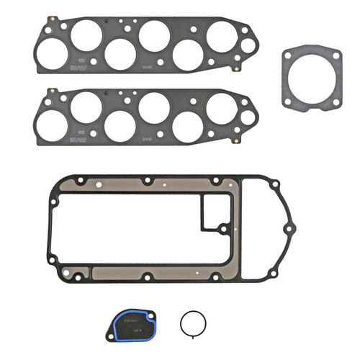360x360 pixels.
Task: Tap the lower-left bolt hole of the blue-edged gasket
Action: (116, 332)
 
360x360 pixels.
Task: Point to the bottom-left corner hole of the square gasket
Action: (288, 102)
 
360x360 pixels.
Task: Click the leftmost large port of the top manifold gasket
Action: (50, 53)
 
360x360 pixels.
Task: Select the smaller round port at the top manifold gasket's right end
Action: (247, 45)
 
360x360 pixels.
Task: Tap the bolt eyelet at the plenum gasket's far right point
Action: (288, 229)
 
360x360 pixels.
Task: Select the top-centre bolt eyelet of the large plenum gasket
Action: (147, 181)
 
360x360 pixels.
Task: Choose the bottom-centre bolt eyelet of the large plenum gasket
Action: (147, 276)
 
